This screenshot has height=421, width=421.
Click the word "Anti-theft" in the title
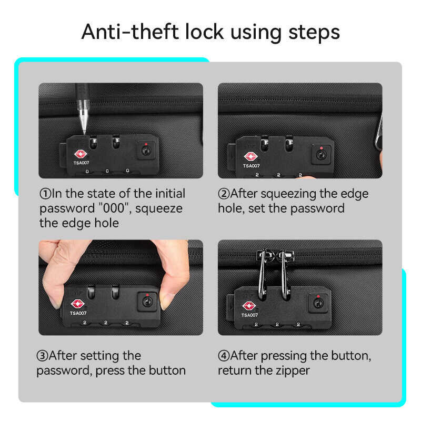130,32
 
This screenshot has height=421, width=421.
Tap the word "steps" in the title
314,33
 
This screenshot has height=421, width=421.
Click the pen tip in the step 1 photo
84,132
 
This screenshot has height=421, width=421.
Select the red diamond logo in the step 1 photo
81,154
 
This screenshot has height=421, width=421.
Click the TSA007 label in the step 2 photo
252,166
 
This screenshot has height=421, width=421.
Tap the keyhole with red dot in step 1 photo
146,151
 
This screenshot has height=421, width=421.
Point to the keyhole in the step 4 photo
318,303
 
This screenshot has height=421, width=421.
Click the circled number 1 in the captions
45,194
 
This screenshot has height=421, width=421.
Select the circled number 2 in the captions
224,194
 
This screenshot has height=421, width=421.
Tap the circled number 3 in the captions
43,356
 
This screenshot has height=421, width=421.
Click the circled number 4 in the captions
224,356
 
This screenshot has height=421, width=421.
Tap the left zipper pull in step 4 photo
262,274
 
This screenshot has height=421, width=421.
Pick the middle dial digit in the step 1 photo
107,171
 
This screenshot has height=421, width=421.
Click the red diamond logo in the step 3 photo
77,304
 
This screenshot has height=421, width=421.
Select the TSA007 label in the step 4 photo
249,315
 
